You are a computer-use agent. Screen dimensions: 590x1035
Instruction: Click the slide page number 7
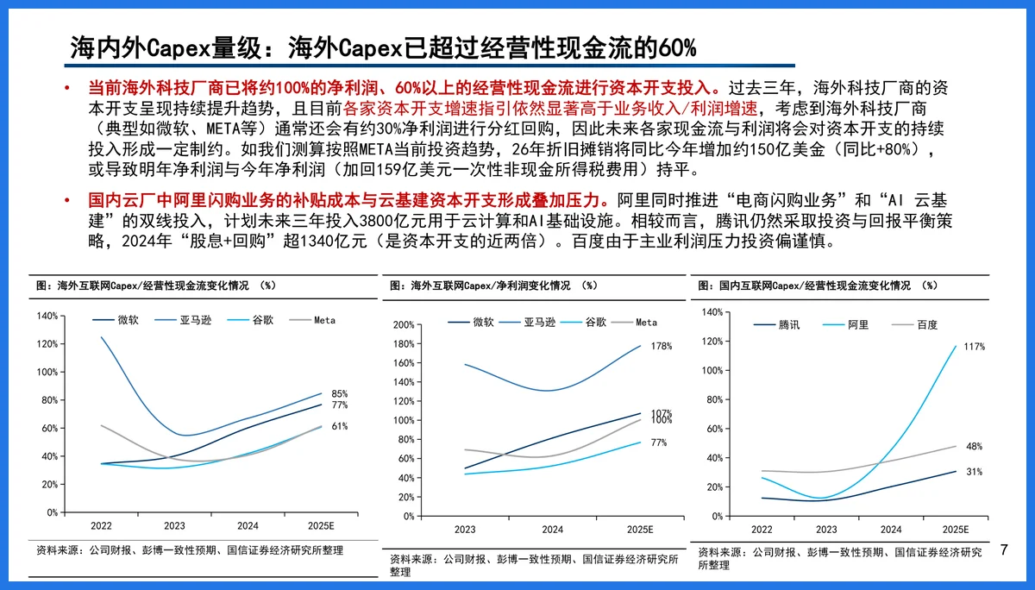1004,549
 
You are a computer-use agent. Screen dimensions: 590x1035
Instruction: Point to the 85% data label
339,393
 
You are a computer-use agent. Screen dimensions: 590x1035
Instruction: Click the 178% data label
661,346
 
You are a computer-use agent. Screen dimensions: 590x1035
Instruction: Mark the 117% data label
974,346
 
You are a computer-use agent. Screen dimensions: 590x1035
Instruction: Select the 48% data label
974,446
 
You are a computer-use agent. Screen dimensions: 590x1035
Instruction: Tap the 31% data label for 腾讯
974,472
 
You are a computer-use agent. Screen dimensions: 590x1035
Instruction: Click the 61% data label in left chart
339,426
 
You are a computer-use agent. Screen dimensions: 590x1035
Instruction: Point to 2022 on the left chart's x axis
101,524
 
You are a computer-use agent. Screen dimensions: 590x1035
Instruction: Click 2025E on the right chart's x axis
955,529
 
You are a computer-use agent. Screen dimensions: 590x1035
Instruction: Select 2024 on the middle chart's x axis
553,529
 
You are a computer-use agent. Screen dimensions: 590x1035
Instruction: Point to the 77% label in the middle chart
659,442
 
